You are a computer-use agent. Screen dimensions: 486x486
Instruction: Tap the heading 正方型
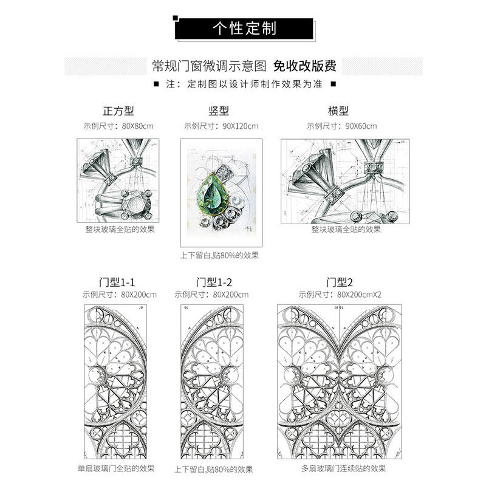[118, 111]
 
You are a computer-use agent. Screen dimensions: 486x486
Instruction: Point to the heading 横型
[338, 111]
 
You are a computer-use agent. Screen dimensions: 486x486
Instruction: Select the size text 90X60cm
[361, 126]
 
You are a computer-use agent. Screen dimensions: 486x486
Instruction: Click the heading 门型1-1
[117, 282]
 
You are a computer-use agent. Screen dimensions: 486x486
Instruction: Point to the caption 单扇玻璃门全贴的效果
[116, 468]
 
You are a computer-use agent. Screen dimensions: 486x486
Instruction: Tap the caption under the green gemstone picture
[219, 255]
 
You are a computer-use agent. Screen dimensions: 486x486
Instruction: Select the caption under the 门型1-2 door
[213, 469]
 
